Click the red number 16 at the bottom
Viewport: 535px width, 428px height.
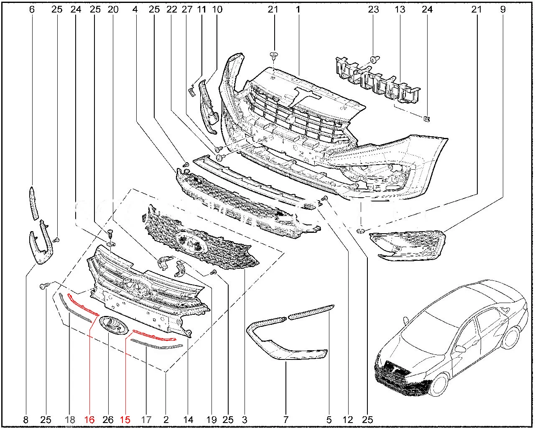click(89, 420)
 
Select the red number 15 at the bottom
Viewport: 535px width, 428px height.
click(125, 420)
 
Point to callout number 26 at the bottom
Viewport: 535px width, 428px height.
click(108, 420)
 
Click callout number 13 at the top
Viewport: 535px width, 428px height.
click(400, 9)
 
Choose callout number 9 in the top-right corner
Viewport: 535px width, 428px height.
click(502, 9)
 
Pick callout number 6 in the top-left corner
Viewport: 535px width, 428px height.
click(32, 9)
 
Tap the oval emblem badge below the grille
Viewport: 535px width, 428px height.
click(113, 325)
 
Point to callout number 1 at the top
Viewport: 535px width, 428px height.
click(298, 9)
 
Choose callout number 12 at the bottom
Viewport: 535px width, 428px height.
click(348, 420)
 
